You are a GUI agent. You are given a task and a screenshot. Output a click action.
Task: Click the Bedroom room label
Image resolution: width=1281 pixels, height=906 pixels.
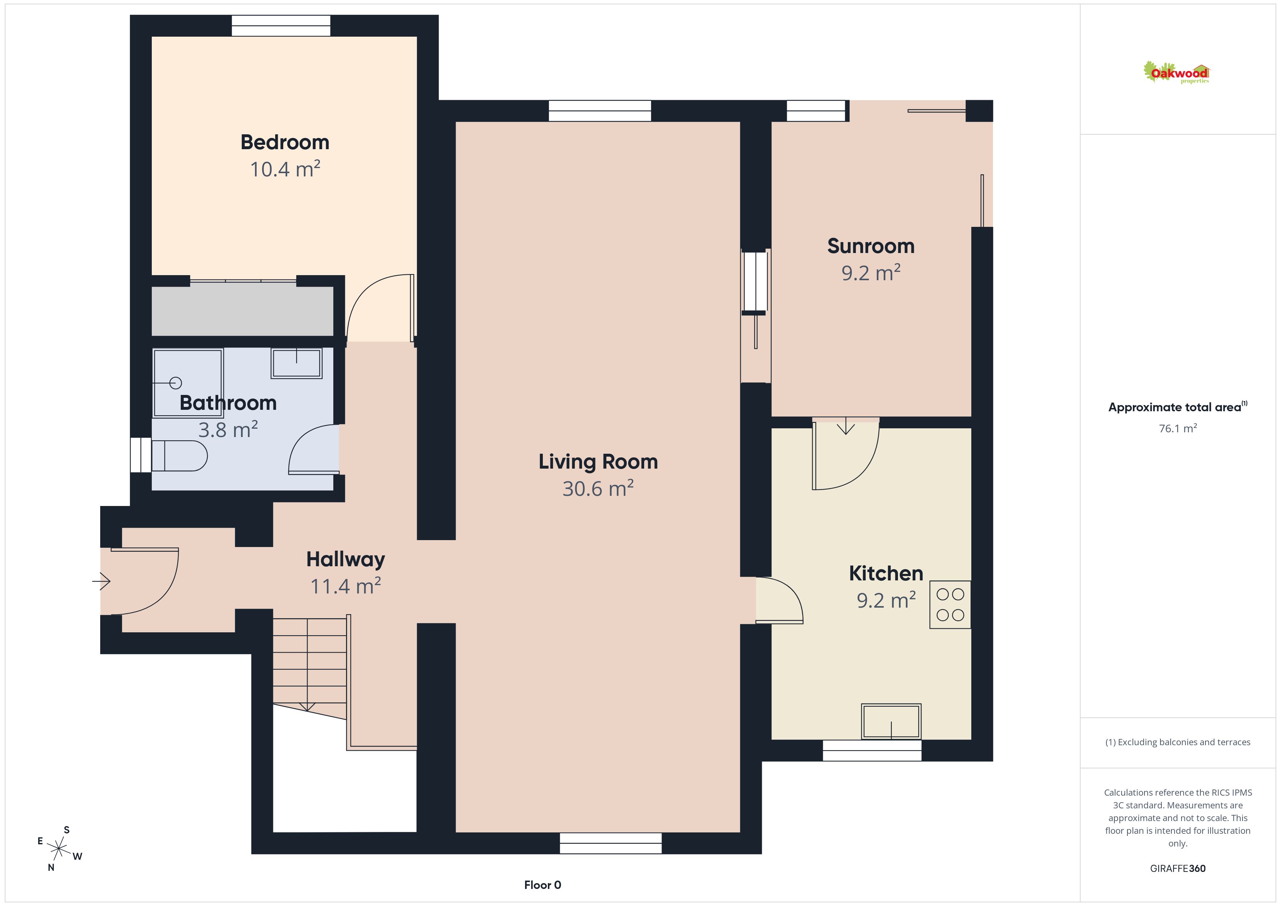(285, 142)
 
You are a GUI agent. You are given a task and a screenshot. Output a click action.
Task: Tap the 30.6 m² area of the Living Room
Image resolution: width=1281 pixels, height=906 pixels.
(598, 488)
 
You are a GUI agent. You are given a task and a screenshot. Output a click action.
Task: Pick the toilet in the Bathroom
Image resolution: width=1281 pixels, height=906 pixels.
(179, 456)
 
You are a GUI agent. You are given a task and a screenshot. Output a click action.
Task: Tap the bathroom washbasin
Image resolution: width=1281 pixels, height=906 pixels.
(296, 363)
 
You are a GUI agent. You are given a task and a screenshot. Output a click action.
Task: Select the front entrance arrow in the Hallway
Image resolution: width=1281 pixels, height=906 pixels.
(102, 581)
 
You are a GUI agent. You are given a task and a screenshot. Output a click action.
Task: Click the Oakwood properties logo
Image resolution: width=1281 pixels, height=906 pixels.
(1177, 73)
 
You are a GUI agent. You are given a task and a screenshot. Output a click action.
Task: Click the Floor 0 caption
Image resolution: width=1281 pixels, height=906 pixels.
(542, 885)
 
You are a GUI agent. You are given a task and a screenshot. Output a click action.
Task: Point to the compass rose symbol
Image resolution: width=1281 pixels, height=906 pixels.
(58, 849)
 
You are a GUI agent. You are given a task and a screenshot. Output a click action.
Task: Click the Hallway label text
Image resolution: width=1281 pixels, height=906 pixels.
(345, 560)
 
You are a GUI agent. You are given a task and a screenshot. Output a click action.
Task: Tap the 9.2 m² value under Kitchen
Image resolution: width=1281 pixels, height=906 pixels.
(886, 600)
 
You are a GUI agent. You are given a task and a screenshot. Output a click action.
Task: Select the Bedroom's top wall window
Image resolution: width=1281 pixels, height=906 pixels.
(281, 26)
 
